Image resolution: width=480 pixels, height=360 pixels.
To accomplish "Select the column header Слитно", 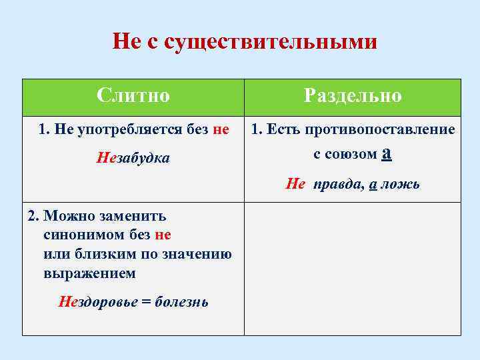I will [x=133, y=95].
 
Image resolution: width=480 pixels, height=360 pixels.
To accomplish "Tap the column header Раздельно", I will [x=353, y=95].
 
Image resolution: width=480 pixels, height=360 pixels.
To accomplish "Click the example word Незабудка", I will [x=133, y=158].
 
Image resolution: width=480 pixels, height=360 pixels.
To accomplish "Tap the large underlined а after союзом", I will [x=387, y=153].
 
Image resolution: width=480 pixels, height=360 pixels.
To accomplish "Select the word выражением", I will [x=89, y=273].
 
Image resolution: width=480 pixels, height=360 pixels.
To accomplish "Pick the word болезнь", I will [x=181, y=302].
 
